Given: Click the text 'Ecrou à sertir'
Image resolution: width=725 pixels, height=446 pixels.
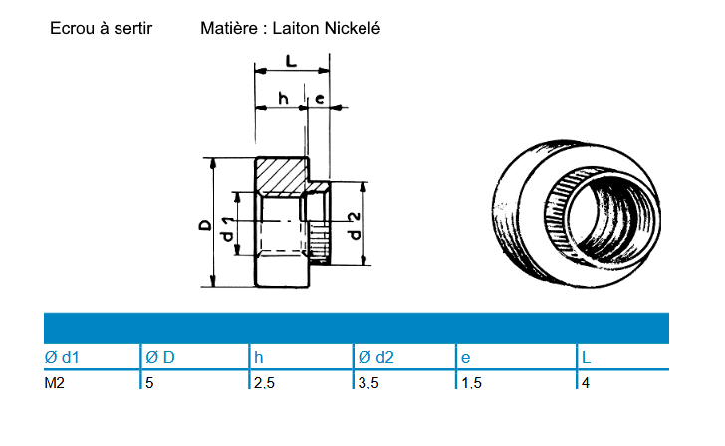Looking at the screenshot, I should [101, 29].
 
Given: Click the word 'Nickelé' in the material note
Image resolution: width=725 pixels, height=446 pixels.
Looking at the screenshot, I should [349, 29].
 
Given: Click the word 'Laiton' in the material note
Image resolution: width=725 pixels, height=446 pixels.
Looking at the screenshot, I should [296, 29].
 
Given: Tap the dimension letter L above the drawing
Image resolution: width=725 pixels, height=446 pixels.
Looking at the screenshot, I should [291, 62].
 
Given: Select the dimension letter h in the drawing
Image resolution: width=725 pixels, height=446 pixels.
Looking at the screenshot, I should [283, 98].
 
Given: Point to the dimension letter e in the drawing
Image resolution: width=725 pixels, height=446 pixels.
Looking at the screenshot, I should [319, 98].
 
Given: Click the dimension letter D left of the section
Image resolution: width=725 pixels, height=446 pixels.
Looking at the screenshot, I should [204, 227].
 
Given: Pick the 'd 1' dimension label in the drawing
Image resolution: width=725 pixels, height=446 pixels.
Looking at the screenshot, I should [227, 229].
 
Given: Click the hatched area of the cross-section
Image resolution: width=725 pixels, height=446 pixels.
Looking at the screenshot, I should [282, 177].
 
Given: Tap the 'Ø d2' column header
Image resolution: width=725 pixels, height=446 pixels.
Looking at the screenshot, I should [375, 357].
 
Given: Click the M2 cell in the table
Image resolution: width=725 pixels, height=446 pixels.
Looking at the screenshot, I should [56, 382].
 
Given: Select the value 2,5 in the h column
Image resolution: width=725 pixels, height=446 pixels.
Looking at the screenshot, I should [264, 382].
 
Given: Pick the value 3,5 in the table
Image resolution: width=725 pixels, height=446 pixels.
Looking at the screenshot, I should [370, 382].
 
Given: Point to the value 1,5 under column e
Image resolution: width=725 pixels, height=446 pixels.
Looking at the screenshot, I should [471, 382].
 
